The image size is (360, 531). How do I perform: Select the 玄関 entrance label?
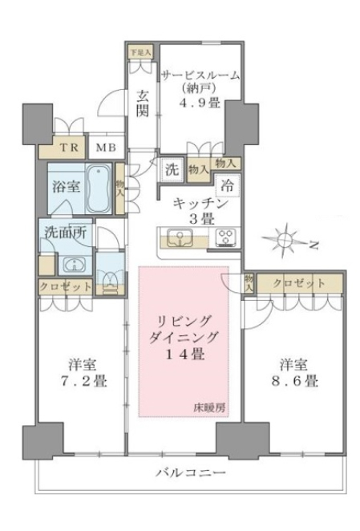click(x=142, y=103)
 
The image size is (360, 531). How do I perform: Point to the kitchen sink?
click(x=180, y=237)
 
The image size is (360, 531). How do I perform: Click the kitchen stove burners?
click(x=224, y=237)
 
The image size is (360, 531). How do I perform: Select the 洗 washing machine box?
click(x=172, y=169)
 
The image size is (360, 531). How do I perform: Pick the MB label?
click(x=105, y=148)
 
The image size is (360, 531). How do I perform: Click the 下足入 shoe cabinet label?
click(x=139, y=50)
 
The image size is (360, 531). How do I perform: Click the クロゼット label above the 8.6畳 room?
click(x=299, y=284)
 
